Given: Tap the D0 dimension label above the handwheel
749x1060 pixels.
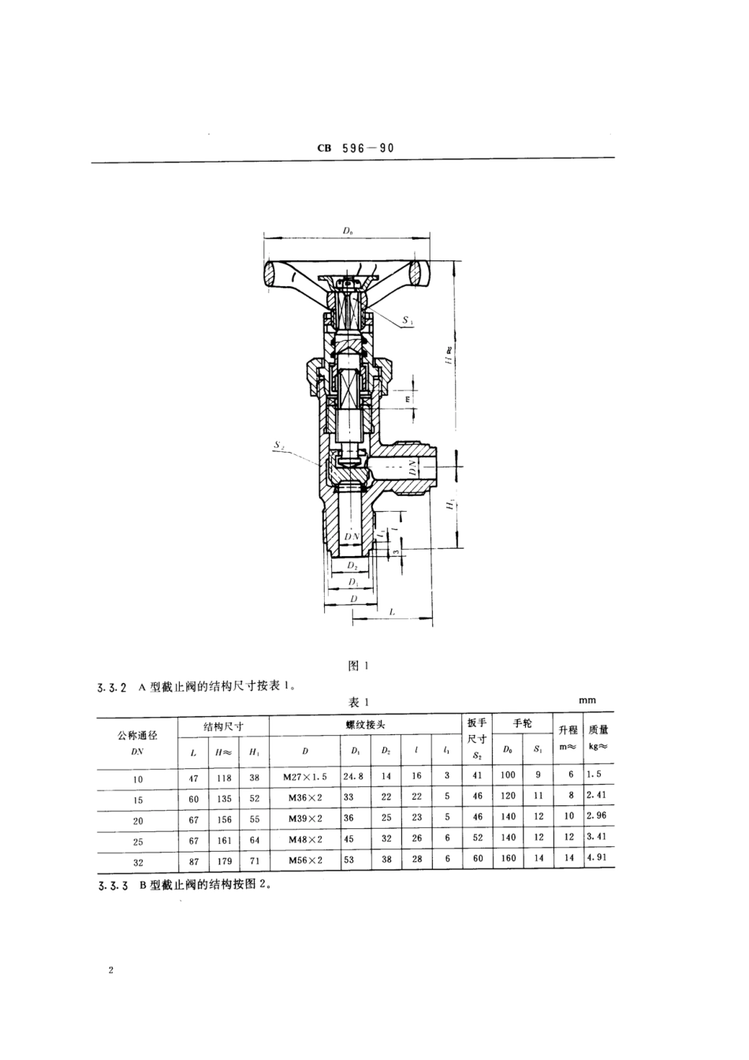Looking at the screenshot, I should coord(348,230).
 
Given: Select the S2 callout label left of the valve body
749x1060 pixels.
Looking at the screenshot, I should coord(279,446).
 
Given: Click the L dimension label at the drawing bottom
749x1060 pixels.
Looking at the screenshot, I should coord(392,611).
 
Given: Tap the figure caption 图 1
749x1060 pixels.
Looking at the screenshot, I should coord(359,665).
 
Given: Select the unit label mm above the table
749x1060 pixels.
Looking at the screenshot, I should coord(587,700).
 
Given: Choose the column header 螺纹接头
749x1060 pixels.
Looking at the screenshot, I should coord(366,724).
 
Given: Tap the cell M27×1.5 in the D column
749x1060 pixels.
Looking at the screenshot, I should coord(304,777).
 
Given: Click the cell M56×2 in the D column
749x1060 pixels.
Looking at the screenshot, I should coord(304,860).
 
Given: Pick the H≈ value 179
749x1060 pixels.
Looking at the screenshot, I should coord(224,860).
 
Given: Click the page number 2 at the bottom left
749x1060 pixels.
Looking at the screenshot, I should coord(112,970).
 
